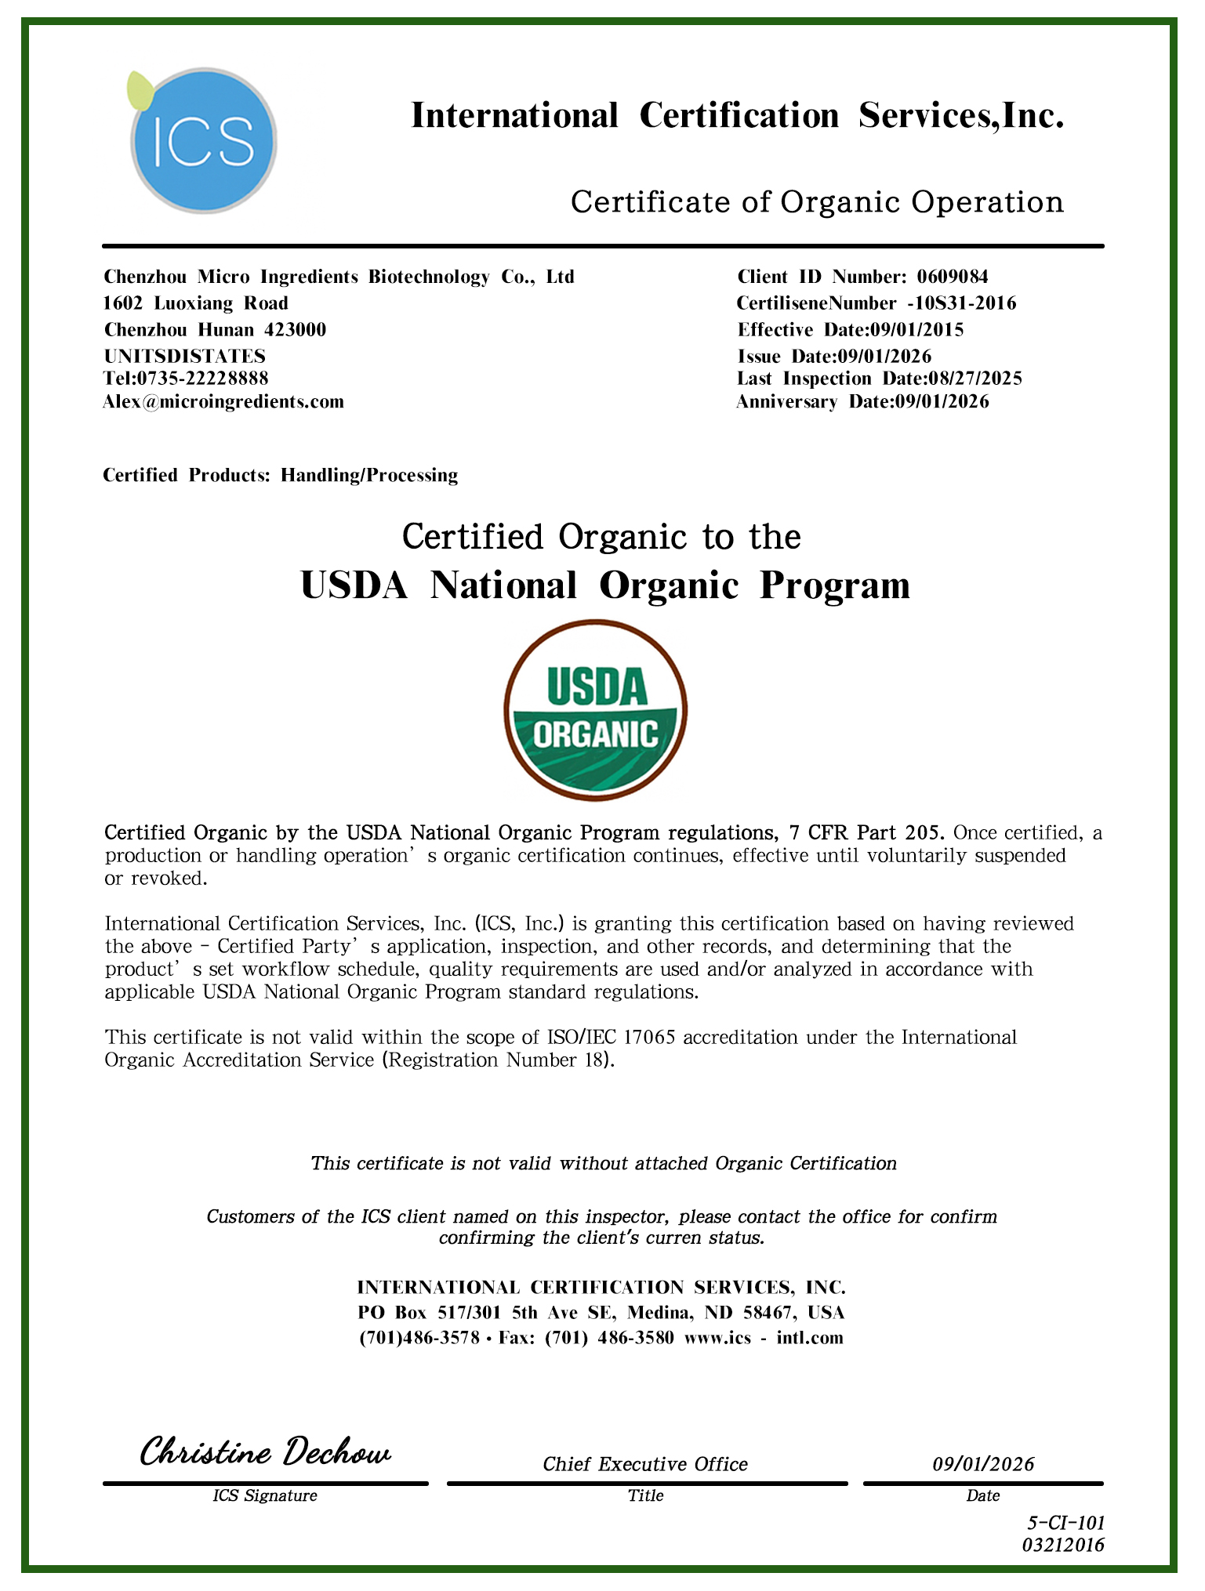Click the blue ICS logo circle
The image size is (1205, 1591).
pyautogui.click(x=203, y=141)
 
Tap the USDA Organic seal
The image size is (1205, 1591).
pyautogui.click(x=595, y=709)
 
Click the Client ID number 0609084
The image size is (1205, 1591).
pyautogui.click(x=953, y=277)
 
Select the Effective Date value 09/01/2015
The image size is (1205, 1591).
pyautogui.click(x=917, y=330)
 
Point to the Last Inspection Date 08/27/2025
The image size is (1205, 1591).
pyautogui.click(x=975, y=379)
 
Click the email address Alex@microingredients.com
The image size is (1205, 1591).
pyautogui.click(x=223, y=402)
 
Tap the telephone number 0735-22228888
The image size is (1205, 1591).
pyautogui.click(x=203, y=379)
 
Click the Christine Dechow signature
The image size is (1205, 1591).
pyautogui.click(x=265, y=1452)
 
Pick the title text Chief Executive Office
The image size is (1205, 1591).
pyautogui.click(x=645, y=1464)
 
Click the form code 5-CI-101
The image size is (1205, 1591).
pyautogui.click(x=1065, y=1524)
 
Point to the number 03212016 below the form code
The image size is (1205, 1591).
pyautogui.click(x=1063, y=1545)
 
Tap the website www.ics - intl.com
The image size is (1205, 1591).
pyautogui.click(x=764, y=1338)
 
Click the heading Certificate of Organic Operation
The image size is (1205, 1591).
pyautogui.click(x=817, y=202)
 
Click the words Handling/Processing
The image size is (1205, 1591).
pyautogui.click(x=369, y=475)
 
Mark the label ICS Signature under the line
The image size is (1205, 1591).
pyautogui.click(x=265, y=1495)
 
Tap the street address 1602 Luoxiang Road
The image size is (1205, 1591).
pyautogui.click(x=196, y=303)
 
